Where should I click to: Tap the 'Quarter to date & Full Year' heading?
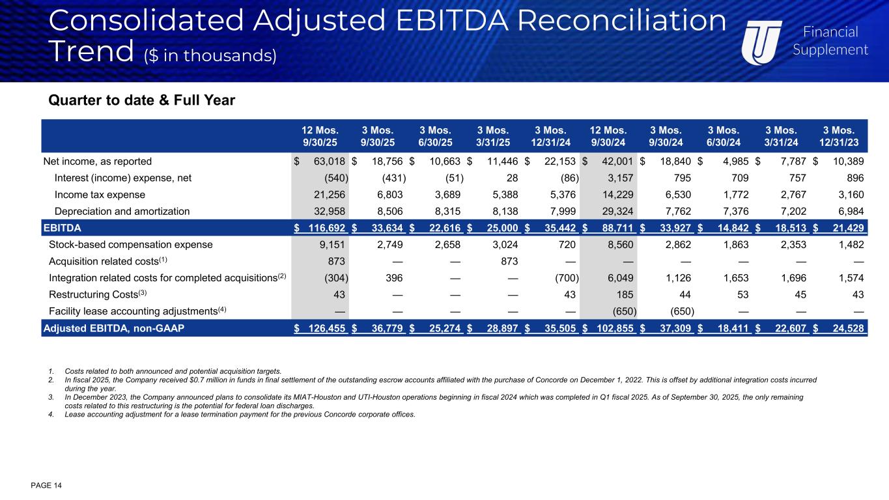tap(141, 101)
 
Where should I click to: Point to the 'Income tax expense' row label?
tap(100, 195)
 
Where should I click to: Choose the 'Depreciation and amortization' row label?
tap(122, 211)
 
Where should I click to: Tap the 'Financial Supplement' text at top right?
tap(830, 41)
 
